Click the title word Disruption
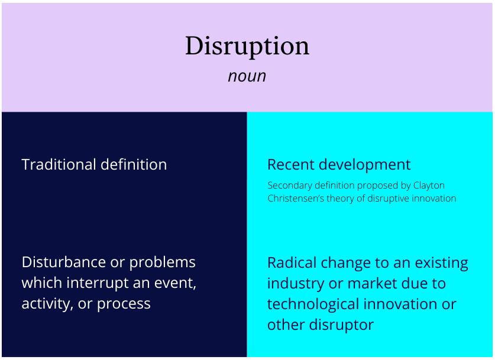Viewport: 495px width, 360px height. (x=247, y=46)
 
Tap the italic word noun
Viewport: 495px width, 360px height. (x=247, y=76)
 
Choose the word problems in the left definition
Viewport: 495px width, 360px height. (x=162, y=263)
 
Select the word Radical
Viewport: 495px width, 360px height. (x=292, y=263)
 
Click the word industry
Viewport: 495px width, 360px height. (x=296, y=284)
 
